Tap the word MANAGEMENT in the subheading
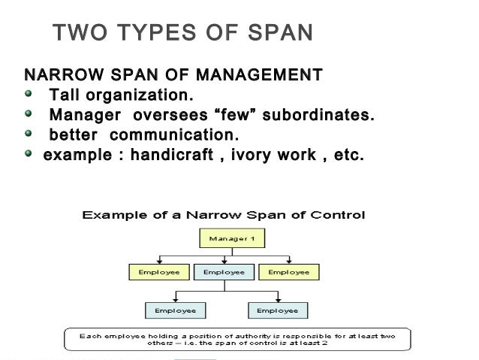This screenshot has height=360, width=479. pos(259,76)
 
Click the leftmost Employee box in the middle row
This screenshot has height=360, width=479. pos(159,271)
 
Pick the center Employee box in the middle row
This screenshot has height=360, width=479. pos(224,271)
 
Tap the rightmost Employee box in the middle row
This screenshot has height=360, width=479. pos(288,271)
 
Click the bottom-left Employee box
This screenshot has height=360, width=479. pos(175,310)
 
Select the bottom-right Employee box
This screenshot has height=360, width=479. pos(277,310)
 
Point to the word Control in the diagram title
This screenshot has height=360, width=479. pos(338,215)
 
